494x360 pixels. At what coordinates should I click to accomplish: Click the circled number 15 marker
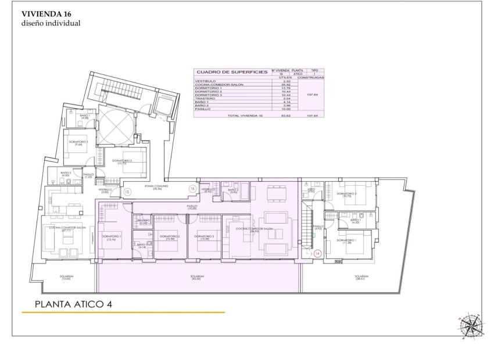tap(127, 191)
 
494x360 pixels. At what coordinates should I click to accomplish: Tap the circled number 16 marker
tap(192, 188)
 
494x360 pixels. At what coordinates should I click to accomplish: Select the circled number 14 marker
tap(317, 253)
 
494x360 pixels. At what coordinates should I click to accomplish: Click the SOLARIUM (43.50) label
tap(198, 278)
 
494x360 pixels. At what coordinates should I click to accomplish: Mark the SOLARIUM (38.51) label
tap(364, 278)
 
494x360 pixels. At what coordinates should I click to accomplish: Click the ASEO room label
tap(312, 190)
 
